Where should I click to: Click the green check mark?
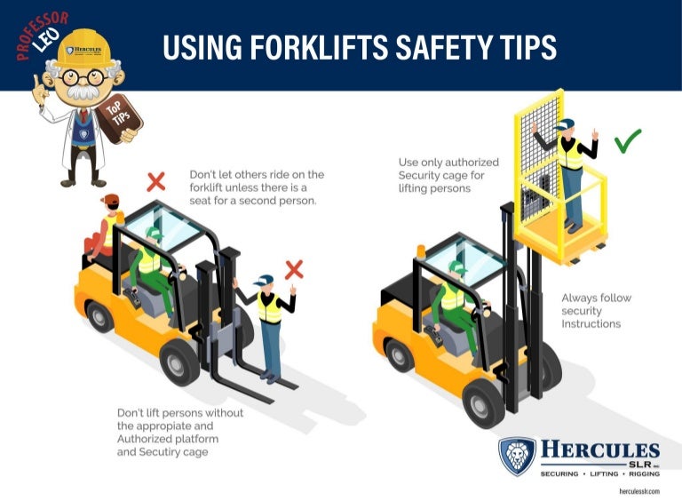[x=627, y=141]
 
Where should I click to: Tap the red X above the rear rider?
[x=156, y=182]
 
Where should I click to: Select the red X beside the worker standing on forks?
[x=294, y=270]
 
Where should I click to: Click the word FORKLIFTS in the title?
[x=319, y=47]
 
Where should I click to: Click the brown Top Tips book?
[x=119, y=118]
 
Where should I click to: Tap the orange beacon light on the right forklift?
[x=421, y=252]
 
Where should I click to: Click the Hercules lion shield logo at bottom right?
[x=518, y=457]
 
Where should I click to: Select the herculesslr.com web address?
[x=639, y=491]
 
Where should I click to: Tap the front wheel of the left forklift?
[x=179, y=362]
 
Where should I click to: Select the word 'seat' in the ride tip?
[x=202, y=201]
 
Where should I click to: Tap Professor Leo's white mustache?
[x=82, y=91]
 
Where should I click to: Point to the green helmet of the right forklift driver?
[x=457, y=266]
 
